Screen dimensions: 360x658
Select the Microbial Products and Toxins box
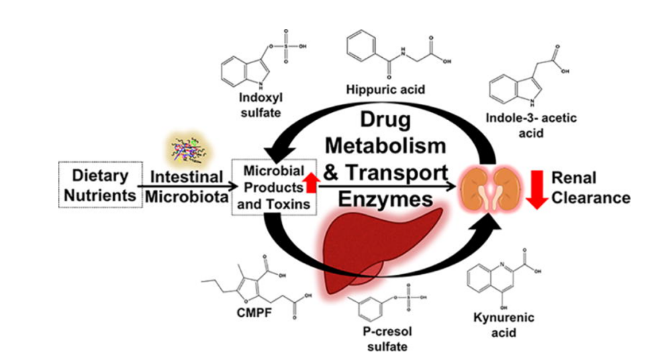pos(273,187)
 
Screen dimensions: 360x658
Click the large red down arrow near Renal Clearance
pos(536,187)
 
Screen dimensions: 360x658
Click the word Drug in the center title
pos(385,122)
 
